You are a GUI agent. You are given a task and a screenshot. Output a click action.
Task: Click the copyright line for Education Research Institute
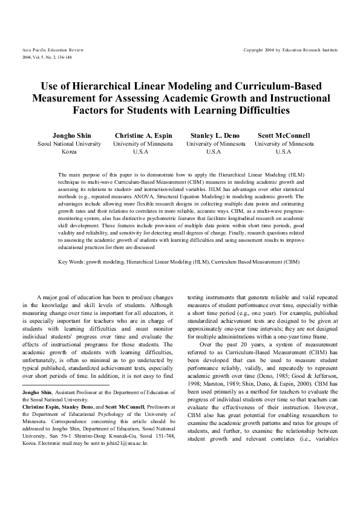pyautogui.click(x=290, y=49)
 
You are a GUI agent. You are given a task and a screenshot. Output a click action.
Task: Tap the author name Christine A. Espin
pyautogui.click(x=143, y=135)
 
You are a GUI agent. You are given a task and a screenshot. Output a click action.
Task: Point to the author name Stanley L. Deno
pyautogui.click(x=215, y=135)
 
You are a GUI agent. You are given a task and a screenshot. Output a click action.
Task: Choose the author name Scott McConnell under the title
pyautogui.click(x=284, y=135)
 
